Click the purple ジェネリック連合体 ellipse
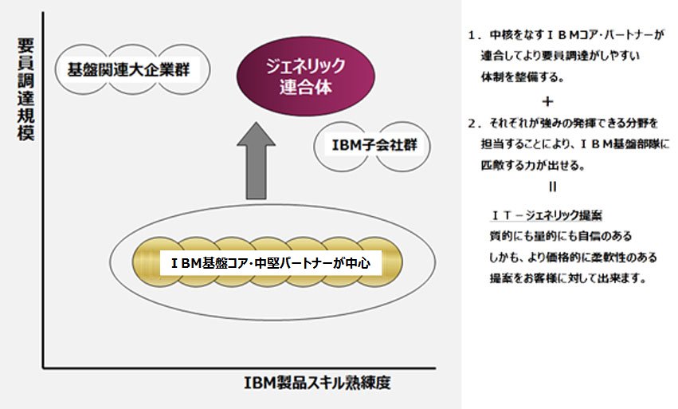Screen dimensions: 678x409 (306, 77)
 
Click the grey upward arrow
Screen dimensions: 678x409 (256, 161)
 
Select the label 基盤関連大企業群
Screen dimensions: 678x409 (128, 69)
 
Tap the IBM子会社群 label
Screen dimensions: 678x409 (374, 145)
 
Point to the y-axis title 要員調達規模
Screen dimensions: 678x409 (25, 89)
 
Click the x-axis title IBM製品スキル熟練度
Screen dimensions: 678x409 (317, 383)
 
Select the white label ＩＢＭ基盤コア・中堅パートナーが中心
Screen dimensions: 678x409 (271, 263)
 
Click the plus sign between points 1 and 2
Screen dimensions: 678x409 (547, 101)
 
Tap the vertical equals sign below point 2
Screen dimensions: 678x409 (552, 187)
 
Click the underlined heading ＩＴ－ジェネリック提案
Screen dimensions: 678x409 (547, 215)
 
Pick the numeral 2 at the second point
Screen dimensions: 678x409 (472, 124)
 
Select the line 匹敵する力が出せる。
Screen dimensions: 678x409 (533, 165)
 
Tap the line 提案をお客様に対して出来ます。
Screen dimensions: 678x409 (568, 278)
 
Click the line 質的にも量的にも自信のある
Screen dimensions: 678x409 (560, 236)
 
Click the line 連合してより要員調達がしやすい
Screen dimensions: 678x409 (560, 55)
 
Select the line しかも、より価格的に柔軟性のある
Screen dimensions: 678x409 (573, 257)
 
